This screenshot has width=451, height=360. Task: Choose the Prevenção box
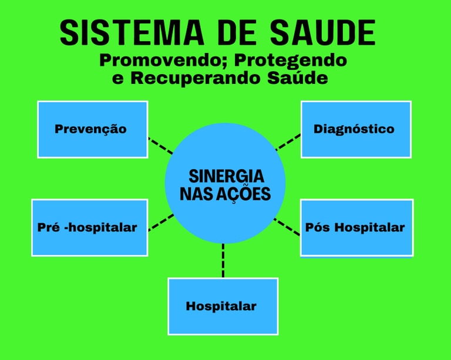(92, 129)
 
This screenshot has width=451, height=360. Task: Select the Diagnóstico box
(356, 129)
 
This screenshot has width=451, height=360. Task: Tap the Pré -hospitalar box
(89, 227)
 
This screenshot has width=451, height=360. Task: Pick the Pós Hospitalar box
(356, 227)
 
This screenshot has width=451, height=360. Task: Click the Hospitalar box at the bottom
(223, 306)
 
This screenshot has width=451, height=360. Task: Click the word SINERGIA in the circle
(226, 176)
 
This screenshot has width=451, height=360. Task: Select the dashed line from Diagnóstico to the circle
(288, 142)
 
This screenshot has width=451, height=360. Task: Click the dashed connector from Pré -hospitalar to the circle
(160, 222)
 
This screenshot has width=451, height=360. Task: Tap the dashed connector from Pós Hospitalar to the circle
(287, 226)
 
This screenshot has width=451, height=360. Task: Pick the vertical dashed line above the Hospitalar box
(223, 260)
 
